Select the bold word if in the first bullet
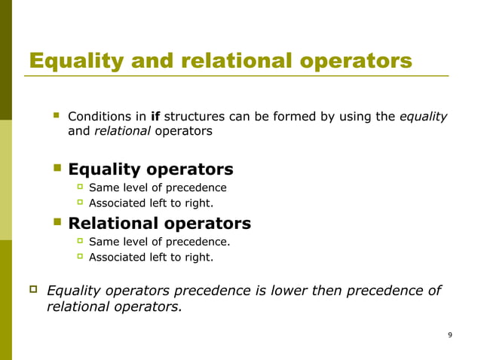(x=156, y=117)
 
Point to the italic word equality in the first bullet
(x=423, y=117)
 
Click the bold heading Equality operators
(x=151, y=169)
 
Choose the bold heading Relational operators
(x=159, y=224)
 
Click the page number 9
(x=450, y=334)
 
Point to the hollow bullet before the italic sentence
(x=32, y=289)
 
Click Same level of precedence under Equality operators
(x=157, y=188)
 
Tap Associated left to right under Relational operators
(x=151, y=257)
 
